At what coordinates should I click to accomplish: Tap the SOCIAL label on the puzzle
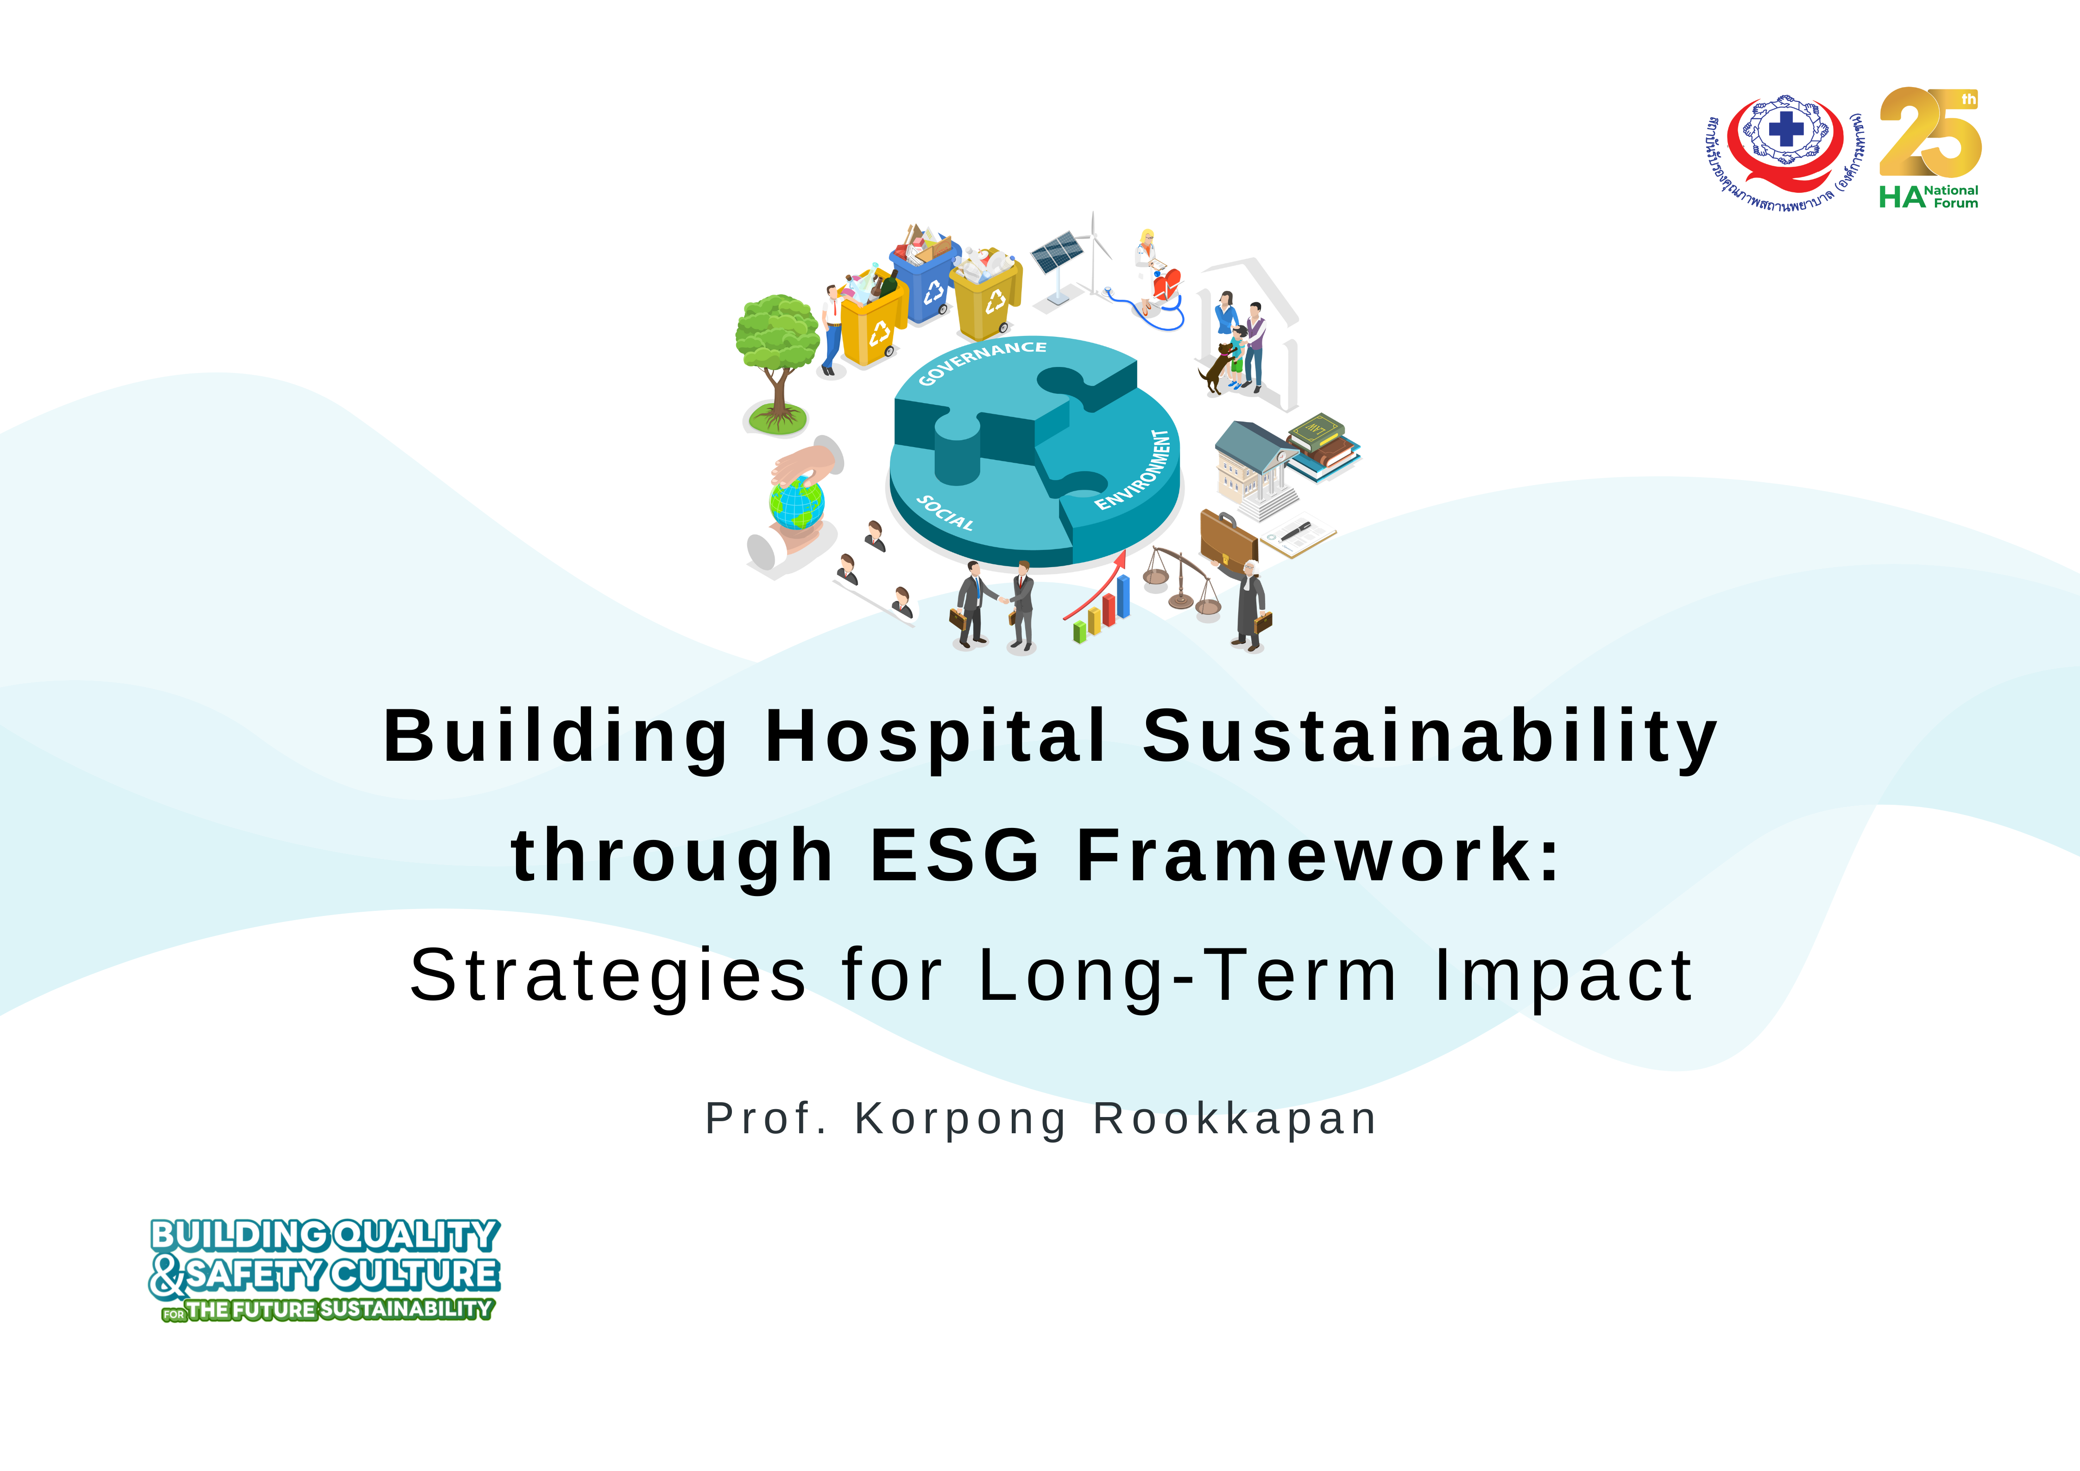click(945, 513)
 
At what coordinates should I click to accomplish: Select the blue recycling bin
click(924, 283)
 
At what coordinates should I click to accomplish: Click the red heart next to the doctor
click(1167, 284)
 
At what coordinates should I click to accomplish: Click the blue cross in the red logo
click(1785, 130)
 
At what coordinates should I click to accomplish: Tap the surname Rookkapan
click(1235, 1119)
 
